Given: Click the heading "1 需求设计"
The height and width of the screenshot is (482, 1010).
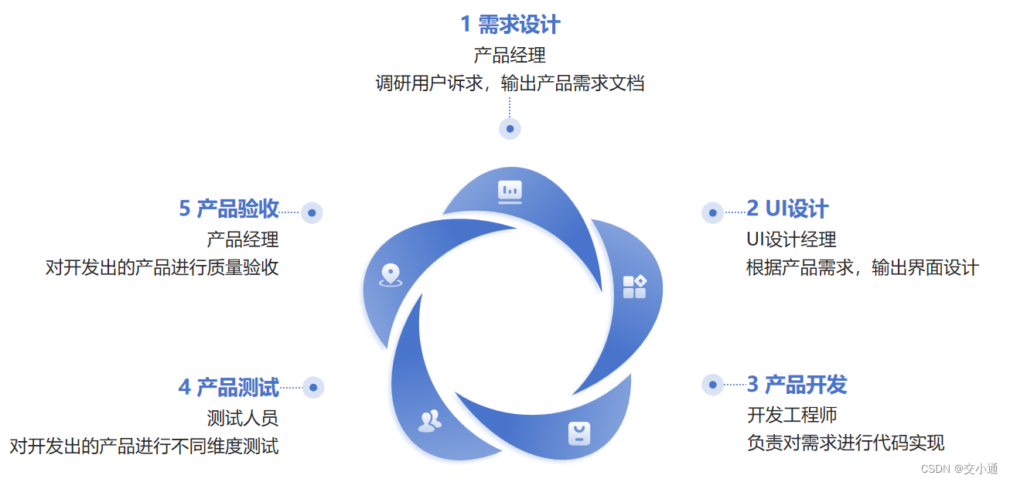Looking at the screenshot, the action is [x=510, y=25].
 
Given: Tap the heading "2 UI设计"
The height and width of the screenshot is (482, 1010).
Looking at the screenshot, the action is [x=787, y=209].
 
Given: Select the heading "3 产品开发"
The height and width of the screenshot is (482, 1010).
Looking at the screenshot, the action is [x=797, y=384].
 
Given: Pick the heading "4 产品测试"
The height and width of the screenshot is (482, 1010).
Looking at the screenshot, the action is [x=228, y=386].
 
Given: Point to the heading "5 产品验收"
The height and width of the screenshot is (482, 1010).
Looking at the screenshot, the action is [x=228, y=209].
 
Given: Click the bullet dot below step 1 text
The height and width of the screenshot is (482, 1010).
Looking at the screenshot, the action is [x=510, y=129].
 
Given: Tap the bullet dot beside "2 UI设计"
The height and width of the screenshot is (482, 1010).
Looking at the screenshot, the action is [x=712, y=212].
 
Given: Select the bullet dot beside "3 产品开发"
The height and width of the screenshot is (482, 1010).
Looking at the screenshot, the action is [x=712, y=384].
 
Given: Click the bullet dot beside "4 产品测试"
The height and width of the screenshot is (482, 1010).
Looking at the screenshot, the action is [x=313, y=387].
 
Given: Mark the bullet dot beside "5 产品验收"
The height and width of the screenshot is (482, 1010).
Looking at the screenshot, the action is [x=312, y=212].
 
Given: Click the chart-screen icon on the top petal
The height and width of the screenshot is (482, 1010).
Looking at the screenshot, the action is [x=510, y=191].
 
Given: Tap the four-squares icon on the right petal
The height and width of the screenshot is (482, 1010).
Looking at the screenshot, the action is [x=634, y=287].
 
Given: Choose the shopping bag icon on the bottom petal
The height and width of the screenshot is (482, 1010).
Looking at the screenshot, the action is [x=579, y=433].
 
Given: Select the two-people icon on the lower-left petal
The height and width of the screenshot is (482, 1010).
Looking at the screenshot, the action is [x=429, y=421].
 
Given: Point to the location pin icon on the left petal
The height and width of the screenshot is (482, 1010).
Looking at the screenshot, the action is [x=391, y=275].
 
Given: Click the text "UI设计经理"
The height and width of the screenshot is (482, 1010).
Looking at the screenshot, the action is [x=791, y=239].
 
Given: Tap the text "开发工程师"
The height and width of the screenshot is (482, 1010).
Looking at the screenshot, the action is [x=791, y=415].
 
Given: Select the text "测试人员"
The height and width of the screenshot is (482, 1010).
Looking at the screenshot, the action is [x=242, y=418].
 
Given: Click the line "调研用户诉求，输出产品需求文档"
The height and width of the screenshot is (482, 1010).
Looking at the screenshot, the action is [x=510, y=83].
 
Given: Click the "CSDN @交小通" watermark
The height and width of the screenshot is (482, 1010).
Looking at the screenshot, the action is [x=959, y=468].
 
